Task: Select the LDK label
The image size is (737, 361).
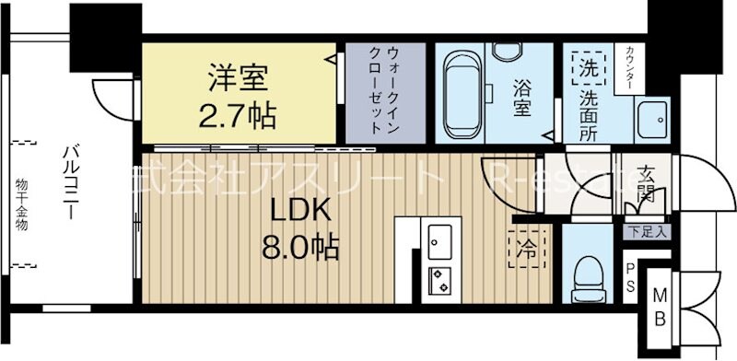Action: pos(299,211)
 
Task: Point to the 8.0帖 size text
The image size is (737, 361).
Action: pos(299,247)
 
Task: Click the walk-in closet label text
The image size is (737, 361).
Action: pos(381,91)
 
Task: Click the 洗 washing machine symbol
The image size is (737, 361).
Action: pos(587,65)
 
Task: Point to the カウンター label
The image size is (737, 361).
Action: pos(629,68)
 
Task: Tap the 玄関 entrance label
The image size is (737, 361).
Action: pos(644,184)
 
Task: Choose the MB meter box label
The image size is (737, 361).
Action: pos(661,307)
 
